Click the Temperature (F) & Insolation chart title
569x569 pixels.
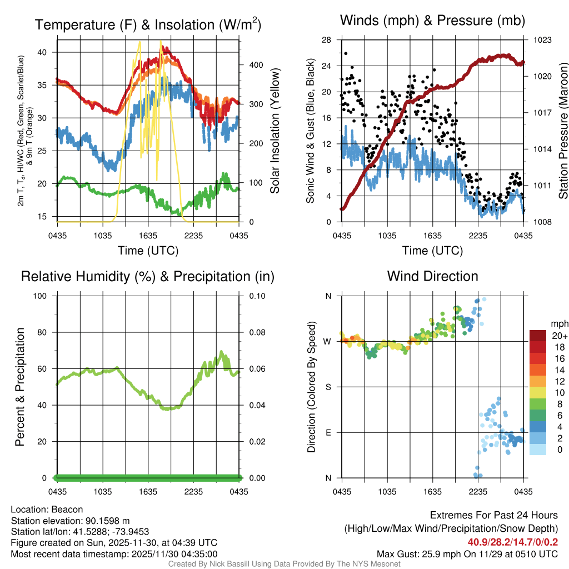tap(148, 25)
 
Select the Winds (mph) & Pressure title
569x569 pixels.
tap(432, 21)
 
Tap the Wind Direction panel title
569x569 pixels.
tap(432, 276)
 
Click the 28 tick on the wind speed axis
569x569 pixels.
tap(327, 40)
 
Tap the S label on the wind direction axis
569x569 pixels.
tap(328, 387)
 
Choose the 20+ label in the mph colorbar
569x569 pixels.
tap(558, 336)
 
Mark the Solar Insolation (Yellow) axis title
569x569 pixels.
tap(275, 131)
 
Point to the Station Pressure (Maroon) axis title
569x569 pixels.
tap(563, 131)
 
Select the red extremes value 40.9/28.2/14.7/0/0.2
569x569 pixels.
tap(512, 542)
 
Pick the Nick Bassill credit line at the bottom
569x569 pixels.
tap(284, 564)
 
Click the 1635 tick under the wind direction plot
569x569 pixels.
tap(432, 491)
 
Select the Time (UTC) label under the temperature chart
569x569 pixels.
tap(148, 251)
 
